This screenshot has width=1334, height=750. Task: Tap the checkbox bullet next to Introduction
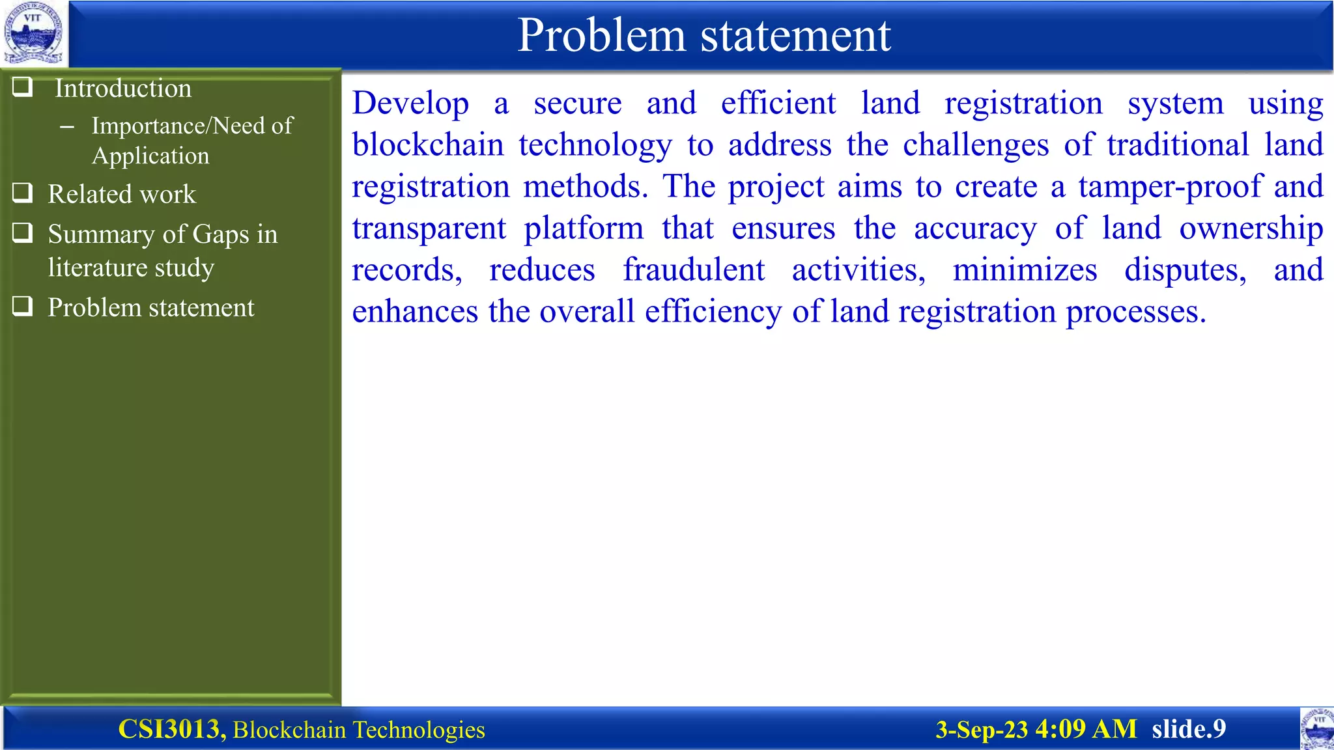pyautogui.click(x=23, y=87)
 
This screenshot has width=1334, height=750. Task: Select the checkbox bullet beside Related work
pyautogui.click(x=23, y=193)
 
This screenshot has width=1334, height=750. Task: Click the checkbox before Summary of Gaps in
pyautogui.click(x=23, y=232)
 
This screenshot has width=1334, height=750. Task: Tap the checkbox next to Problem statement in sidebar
pyautogui.click(x=23, y=306)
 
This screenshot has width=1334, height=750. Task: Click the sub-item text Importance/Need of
pyautogui.click(x=192, y=126)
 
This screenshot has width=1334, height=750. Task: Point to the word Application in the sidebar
pyautogui.click(x=150, y=156)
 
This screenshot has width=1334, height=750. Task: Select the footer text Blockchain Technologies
pyautogui.click(x=359, y=730)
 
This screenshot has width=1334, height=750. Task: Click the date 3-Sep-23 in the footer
pyautogui.click(x=982, y=729)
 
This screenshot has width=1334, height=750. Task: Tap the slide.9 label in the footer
pyautogui.click(x=1189, y=729)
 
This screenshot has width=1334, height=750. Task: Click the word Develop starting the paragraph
pyautogui.click(x=410, y=104)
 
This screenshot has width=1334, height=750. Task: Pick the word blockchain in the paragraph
pyautogui.click(x=428, y=145)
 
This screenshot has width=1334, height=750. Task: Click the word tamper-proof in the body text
pyautogui.click(x=1171, y=187)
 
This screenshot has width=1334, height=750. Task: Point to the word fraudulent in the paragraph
pyautogui.click(x=694, y=270)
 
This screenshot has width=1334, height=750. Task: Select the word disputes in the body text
pyautogui.click(x=1185, y=270)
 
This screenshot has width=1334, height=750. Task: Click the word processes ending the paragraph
pyautogui.click(x=1135, y=312)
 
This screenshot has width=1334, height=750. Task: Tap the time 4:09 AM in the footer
pyautogui.click(x=1086, y=729)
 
